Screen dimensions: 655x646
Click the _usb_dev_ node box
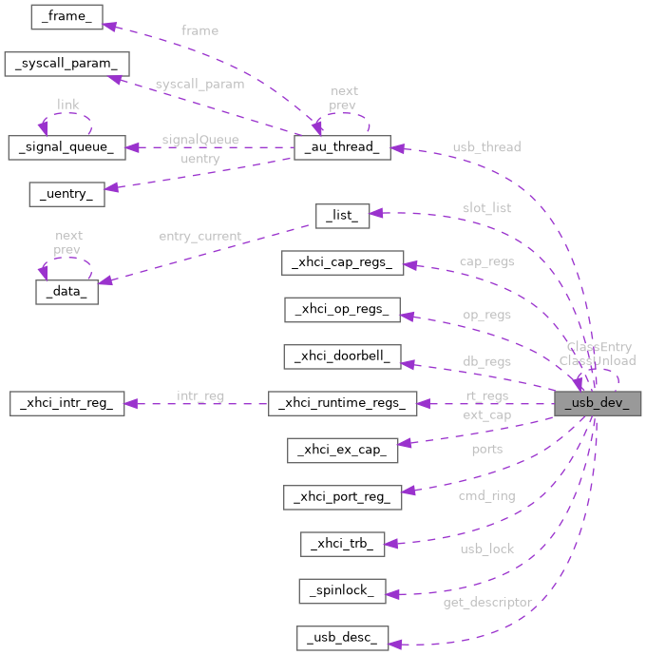point(598,403)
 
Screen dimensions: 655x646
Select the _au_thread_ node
point(342,147)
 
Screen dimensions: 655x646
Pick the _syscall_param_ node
point(66,64)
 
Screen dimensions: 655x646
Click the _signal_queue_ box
point(66,147)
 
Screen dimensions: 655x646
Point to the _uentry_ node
point(66,194)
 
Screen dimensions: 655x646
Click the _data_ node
point(66,292)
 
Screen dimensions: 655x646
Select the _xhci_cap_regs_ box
point(342,263)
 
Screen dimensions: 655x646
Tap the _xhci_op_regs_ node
point(342,310)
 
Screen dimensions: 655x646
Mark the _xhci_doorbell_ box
point(342,356)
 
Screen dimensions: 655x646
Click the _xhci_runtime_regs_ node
point(342,403)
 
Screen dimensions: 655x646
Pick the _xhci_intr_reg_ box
point(66,403)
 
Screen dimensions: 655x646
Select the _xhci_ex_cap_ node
point(342,450)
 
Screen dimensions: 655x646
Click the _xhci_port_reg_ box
point(342,496)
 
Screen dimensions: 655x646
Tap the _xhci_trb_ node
point(342,543)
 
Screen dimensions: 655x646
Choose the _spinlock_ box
point(342,589)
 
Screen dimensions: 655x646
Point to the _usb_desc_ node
point(342,636)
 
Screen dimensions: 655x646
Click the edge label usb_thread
point(486,147)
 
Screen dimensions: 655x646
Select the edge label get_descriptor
point(487,603)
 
